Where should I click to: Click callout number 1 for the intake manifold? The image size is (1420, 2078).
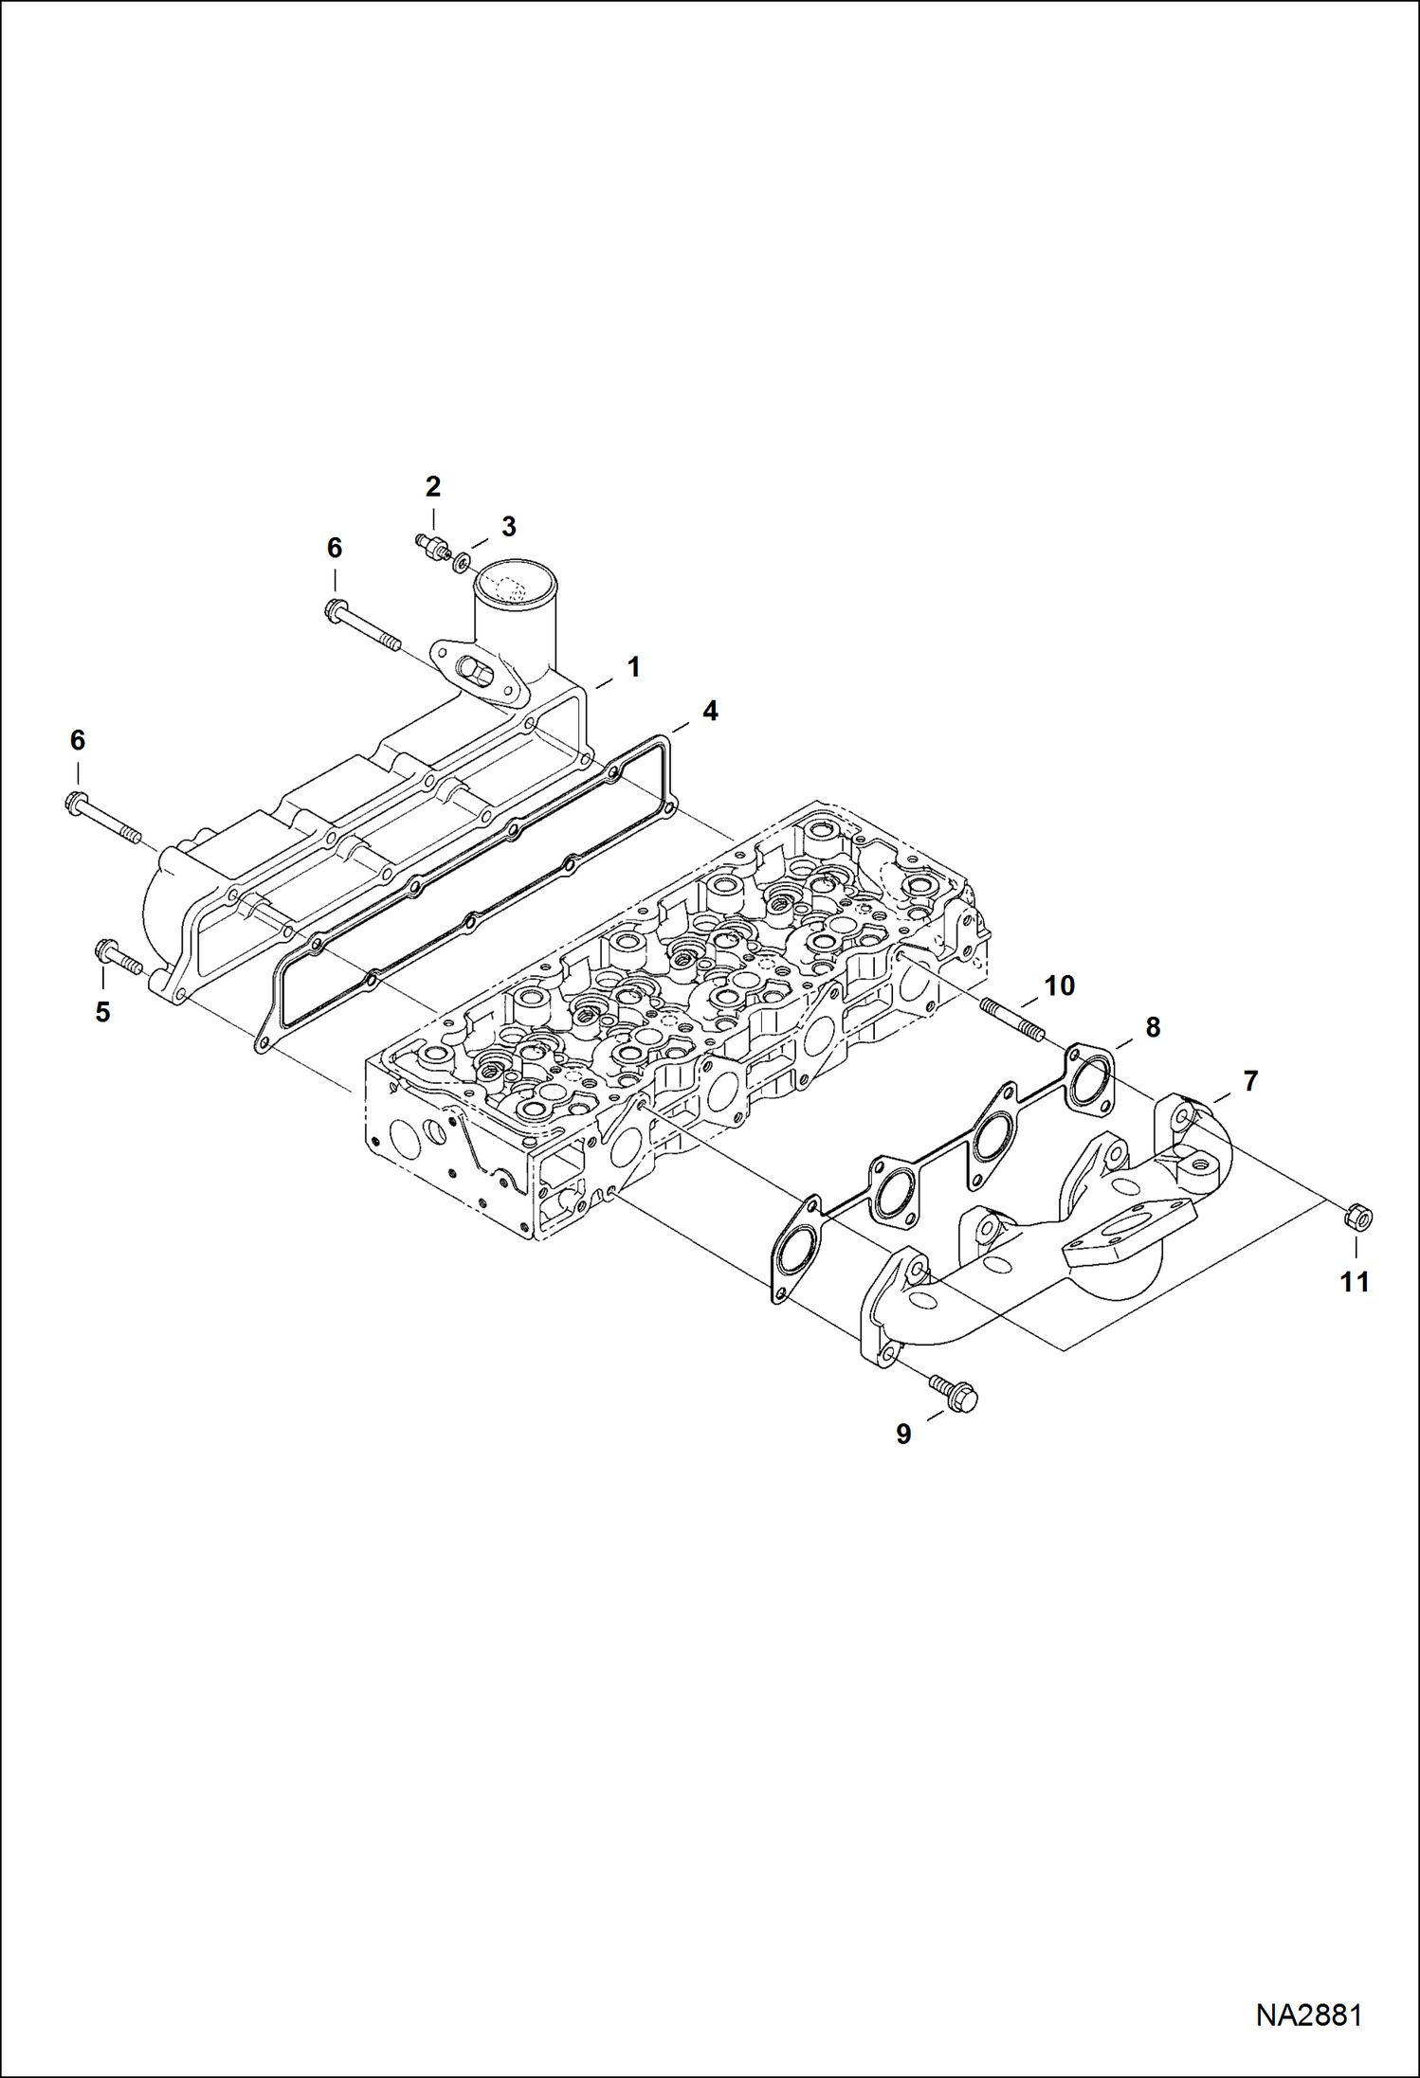[x=633, y=667]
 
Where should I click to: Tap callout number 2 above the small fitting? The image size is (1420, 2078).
[x=433, y=487]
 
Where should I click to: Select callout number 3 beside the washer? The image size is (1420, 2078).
[x=509, y=527]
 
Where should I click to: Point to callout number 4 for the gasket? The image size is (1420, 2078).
[x=709, y=711]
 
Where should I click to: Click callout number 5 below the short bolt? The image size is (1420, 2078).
[x=102, y=1012]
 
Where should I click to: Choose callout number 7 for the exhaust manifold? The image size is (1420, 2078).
[x=1250, y=1080]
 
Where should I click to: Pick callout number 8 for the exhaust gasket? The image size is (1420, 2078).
[x=1153, y=1027]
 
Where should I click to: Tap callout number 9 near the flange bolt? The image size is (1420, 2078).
[x=903, y=1435]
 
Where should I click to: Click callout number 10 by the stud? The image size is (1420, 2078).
[x=1060, y=986]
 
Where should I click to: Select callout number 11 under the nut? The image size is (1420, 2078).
[x=1355, y=1282]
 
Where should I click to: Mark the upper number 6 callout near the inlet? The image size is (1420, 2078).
[x=335, y=548]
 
